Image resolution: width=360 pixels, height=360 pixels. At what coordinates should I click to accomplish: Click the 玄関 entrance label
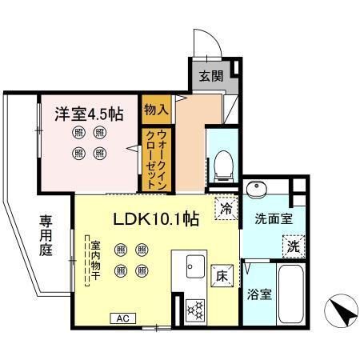tap(212, 77)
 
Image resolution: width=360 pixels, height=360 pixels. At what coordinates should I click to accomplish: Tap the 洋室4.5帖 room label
tap(89, 114)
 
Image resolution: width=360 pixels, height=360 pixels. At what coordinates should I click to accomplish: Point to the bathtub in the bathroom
tap(293, 294)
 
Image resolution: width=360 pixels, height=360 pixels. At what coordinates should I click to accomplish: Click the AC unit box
tap(124, 318)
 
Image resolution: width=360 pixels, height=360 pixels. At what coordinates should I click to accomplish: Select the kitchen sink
tap(195, 266)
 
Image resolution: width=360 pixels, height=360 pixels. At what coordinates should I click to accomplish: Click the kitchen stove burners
tap(195, 308)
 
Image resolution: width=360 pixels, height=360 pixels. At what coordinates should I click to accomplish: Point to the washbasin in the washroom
tap(258, 190)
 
